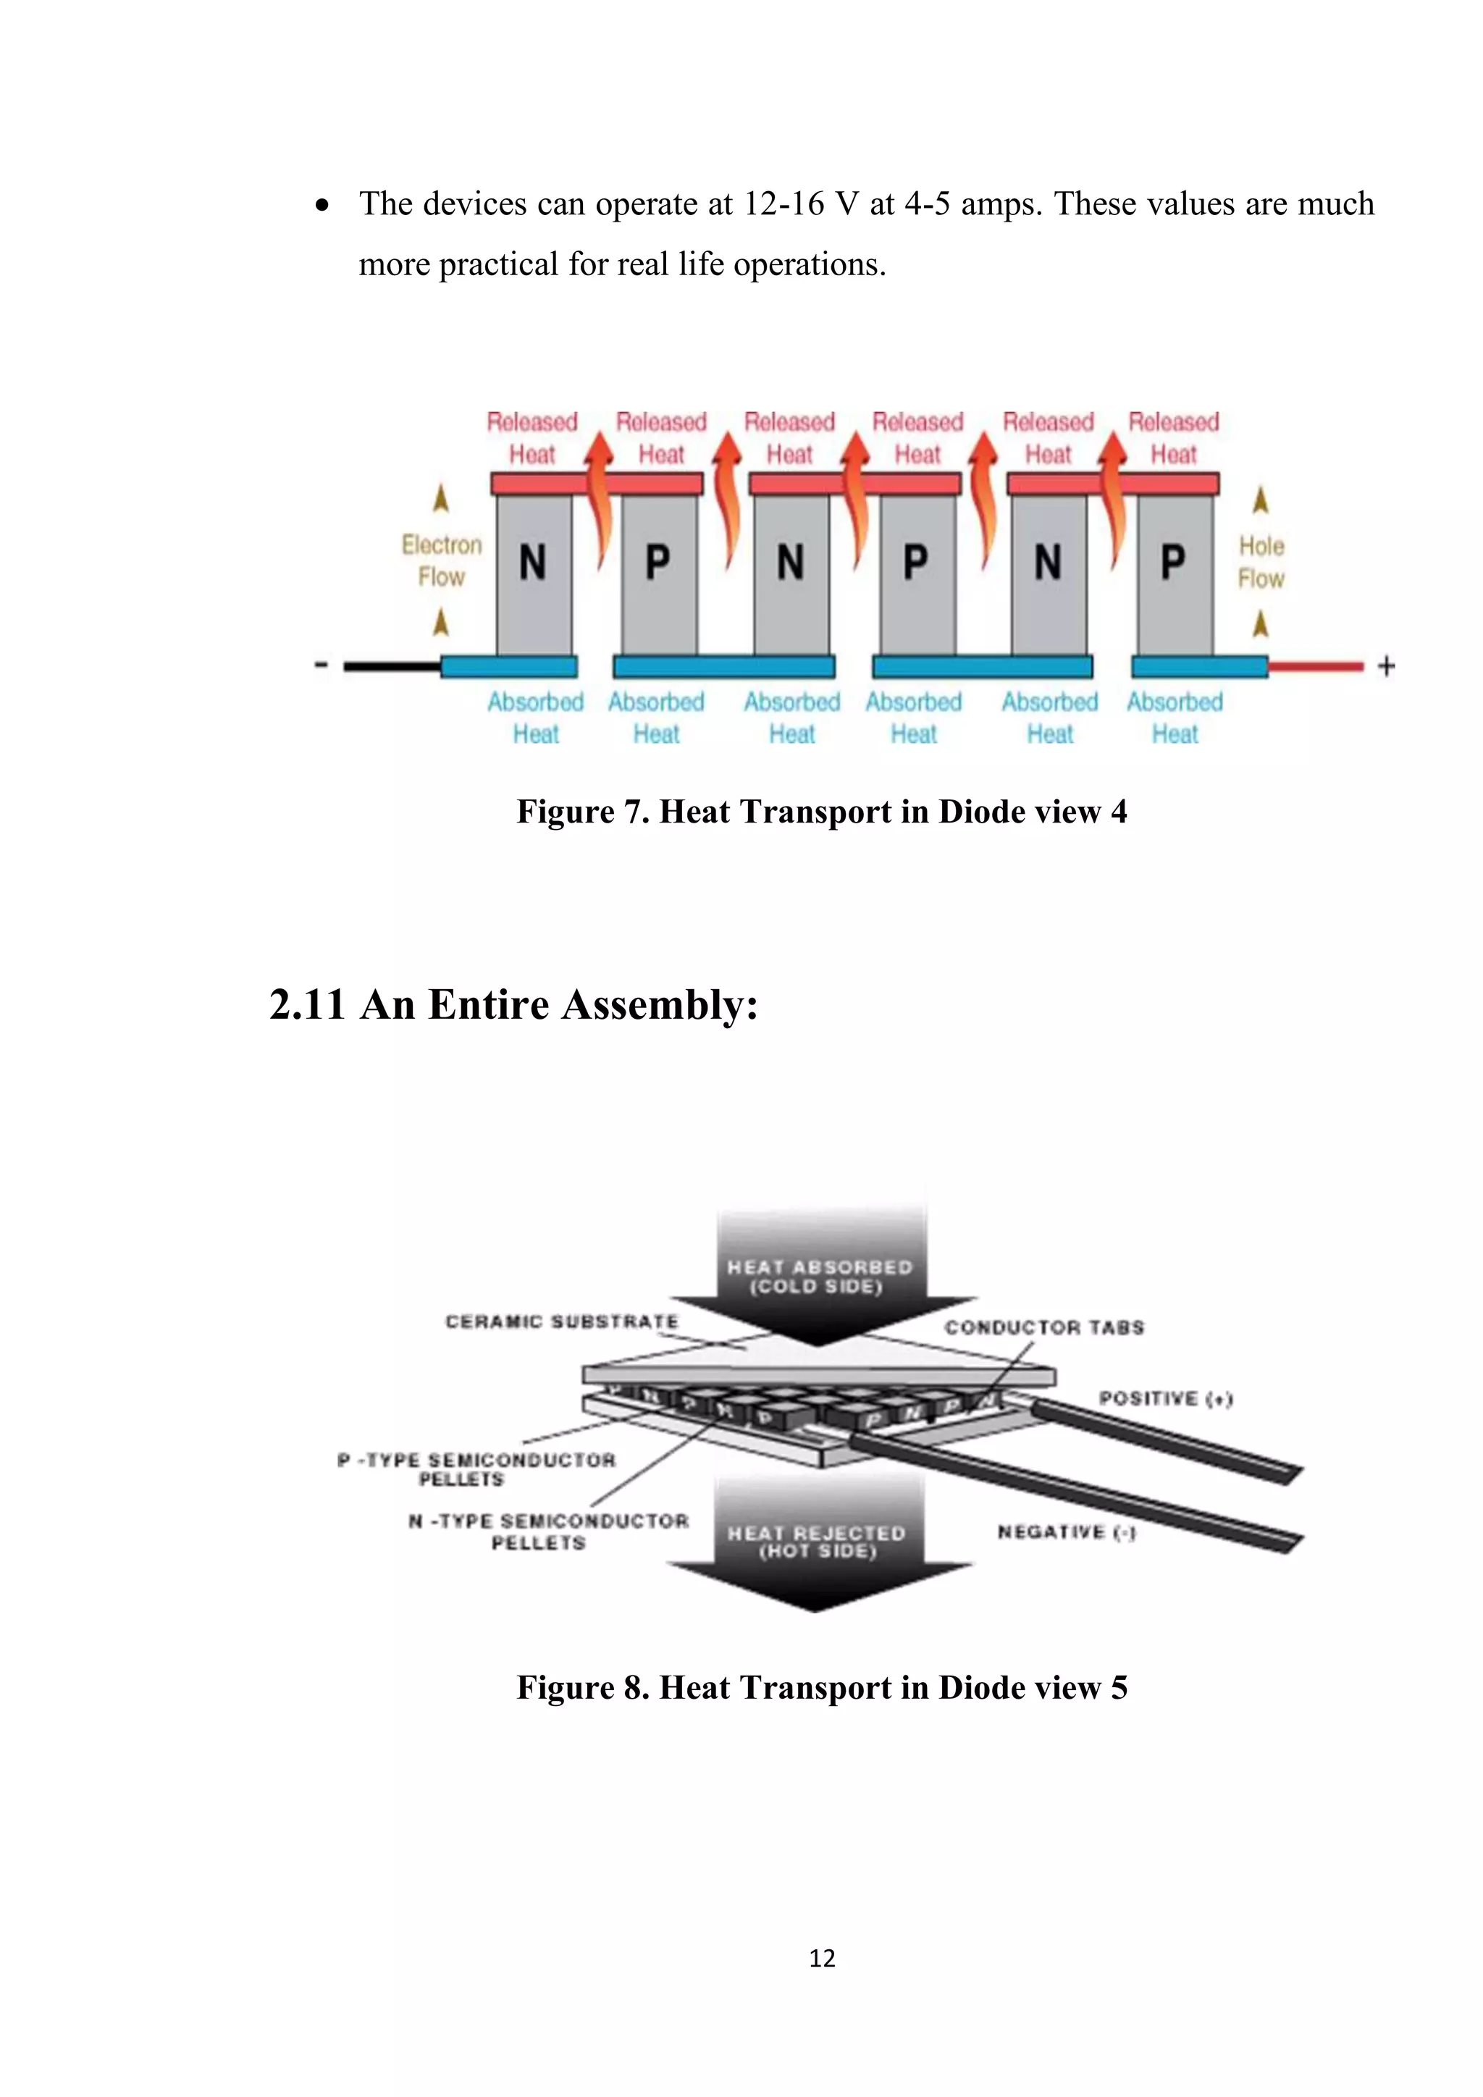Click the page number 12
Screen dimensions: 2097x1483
[822, 1957]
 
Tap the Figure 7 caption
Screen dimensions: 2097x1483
[822, 812]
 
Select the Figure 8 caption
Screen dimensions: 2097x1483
[822, 1687]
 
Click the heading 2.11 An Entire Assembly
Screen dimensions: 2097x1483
[514, 1004]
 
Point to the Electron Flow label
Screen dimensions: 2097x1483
[442, 560]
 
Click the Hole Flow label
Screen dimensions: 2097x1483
[1261, 562]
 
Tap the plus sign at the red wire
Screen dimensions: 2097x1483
[1386, 667]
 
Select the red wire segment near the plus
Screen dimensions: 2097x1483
[1315, 667]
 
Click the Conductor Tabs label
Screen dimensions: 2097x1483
[1043, 1327]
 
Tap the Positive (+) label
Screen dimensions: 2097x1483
[1165, 1398]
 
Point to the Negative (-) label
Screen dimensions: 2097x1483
[1066, 1531]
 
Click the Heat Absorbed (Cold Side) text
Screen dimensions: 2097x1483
[819, 1277]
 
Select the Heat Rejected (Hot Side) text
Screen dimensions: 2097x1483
[816, 1542]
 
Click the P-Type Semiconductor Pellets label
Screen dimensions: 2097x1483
[476, 1468]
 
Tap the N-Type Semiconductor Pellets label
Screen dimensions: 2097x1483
[548, 1531]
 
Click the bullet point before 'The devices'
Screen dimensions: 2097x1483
[322, 206]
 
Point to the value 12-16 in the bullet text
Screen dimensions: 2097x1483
[783, 203]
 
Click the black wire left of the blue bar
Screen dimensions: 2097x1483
[392, 667]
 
